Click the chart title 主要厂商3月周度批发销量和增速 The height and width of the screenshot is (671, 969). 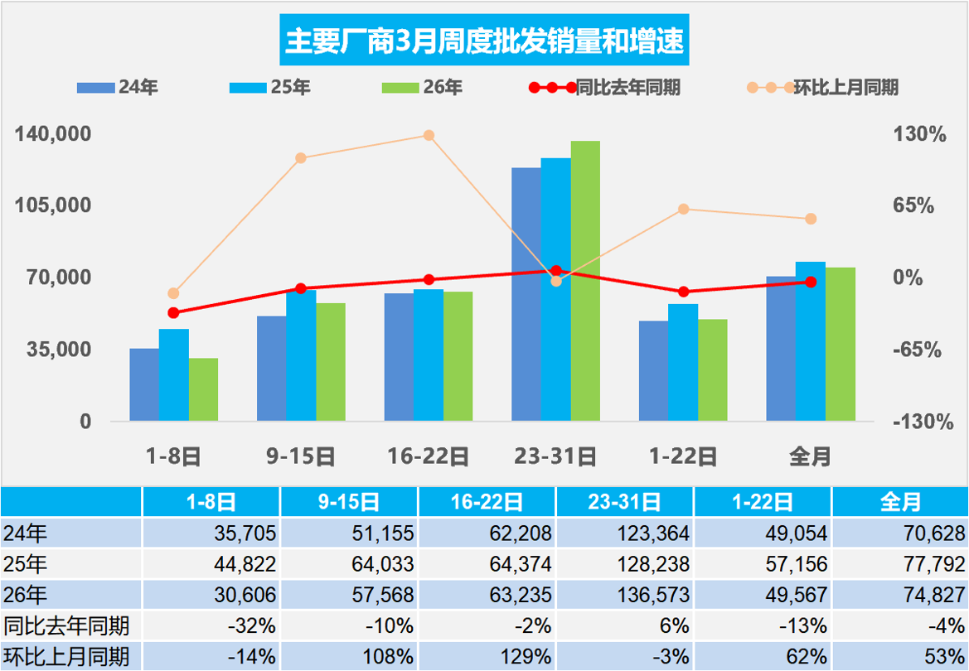[484, 41]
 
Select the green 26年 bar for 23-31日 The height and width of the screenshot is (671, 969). [585, 282]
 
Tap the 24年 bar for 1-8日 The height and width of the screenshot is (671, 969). [144, 384]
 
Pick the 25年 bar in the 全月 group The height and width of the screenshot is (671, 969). [811, 341]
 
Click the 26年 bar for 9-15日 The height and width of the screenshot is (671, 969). [331, 362]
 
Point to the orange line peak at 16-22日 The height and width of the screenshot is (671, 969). [429, 135]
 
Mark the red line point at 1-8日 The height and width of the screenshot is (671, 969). [173, 312]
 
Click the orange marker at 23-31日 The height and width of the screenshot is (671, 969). [556, 282]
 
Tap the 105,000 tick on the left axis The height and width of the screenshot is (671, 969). [51, 205]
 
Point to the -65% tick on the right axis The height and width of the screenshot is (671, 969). [917, 350]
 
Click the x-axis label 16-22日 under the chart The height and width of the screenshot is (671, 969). [429, 456]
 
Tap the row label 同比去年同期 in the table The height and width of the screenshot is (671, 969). [65, 625]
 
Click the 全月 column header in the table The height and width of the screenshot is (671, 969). [899, 502]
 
